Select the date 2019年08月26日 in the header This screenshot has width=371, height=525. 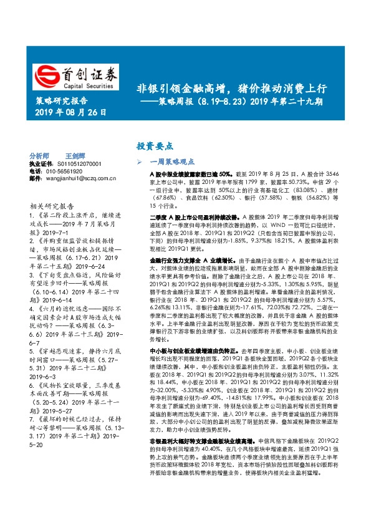coord(69,113)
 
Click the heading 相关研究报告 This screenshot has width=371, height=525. coord(52,206)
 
